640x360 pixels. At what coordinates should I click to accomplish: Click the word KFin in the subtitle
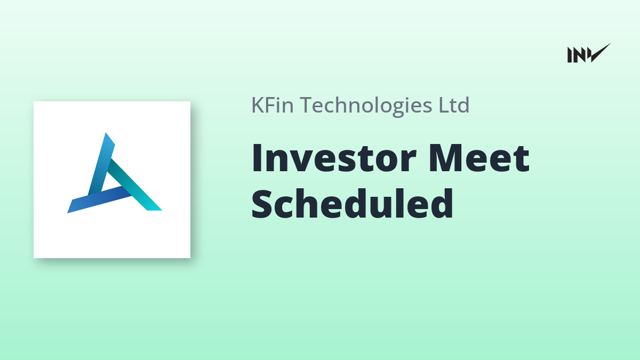click(x=273, y=105)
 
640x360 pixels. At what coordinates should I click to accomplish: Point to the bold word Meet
click(x=479, y=158)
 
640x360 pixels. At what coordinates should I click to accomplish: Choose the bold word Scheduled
click(x=352, y=203)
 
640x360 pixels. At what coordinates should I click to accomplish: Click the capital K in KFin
click(x=258, y=105)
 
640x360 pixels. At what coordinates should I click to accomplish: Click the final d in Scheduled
click(x=442, y=203)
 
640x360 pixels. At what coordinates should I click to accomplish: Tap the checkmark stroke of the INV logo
click(x=599, y=52)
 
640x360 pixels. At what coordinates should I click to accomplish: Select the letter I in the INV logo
click(x=569, y=55)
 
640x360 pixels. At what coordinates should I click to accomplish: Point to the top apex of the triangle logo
click(x=106, y=133)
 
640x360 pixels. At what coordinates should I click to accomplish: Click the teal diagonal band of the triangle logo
click(x=134, y=185)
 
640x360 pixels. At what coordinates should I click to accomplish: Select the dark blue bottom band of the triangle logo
click(x=99, y=199)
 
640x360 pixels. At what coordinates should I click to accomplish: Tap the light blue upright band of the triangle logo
click(x=101, y=164)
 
